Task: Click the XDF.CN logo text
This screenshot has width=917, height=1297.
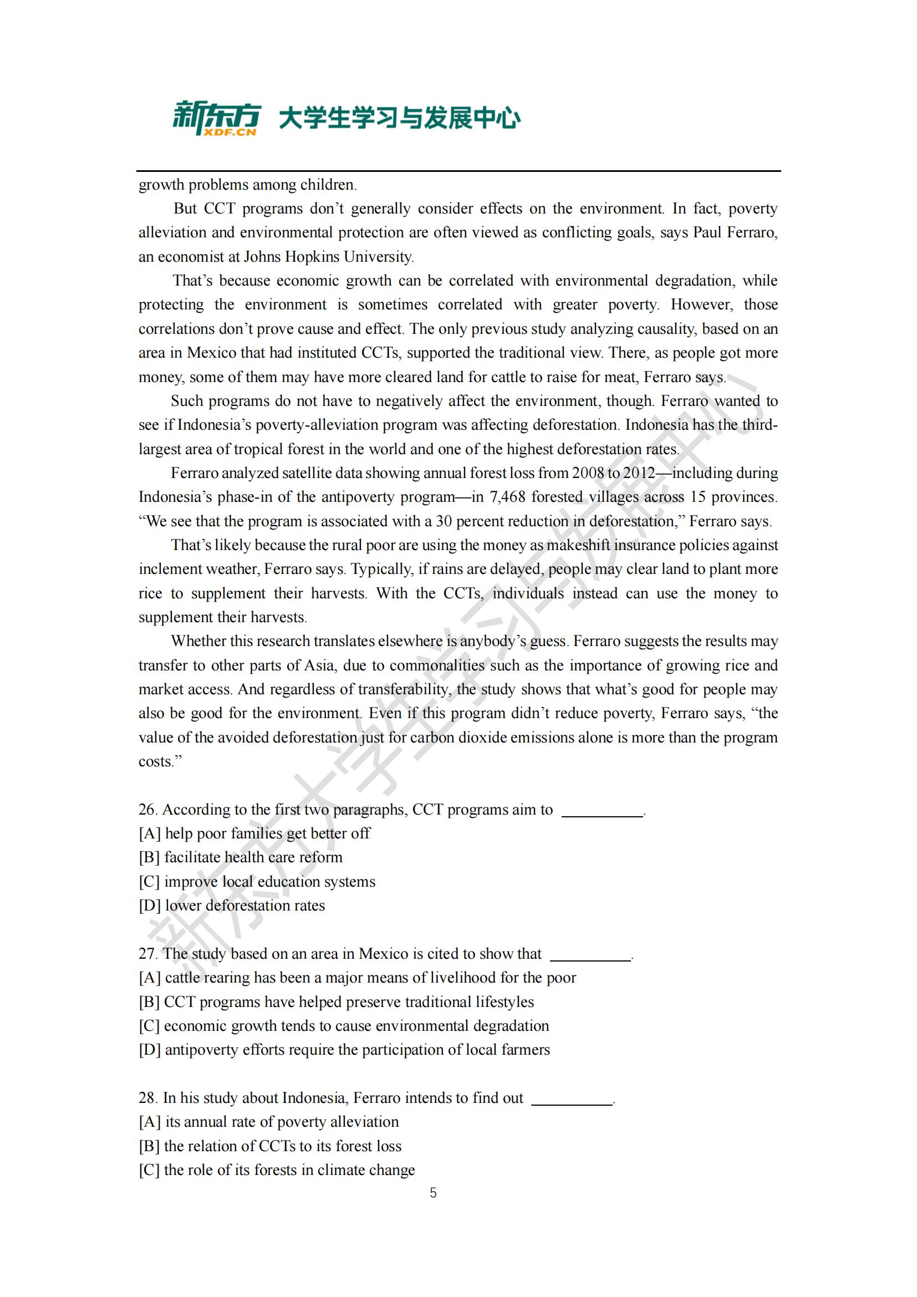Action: [x=231, y=132]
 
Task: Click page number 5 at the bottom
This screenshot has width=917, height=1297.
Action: [x=433, y=1193]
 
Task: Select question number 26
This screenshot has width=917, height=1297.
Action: [x=147, y=810]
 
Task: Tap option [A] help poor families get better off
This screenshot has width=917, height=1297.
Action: [x=254, y=833]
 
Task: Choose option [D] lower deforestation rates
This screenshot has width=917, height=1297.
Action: [x=232, y=906]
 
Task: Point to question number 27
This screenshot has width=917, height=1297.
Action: [x=147, y=954]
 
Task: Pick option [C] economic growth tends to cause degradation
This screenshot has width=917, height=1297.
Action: [x=344, y=1025]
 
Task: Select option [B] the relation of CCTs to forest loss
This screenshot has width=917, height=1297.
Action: [x=270, y=1146]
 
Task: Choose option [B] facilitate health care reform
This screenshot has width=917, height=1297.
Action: [x=241, y=857]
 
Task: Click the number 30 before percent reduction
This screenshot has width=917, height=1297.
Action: [x=444, y=521]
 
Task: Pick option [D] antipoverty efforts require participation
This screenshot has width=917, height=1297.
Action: [x=344, y=1050]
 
